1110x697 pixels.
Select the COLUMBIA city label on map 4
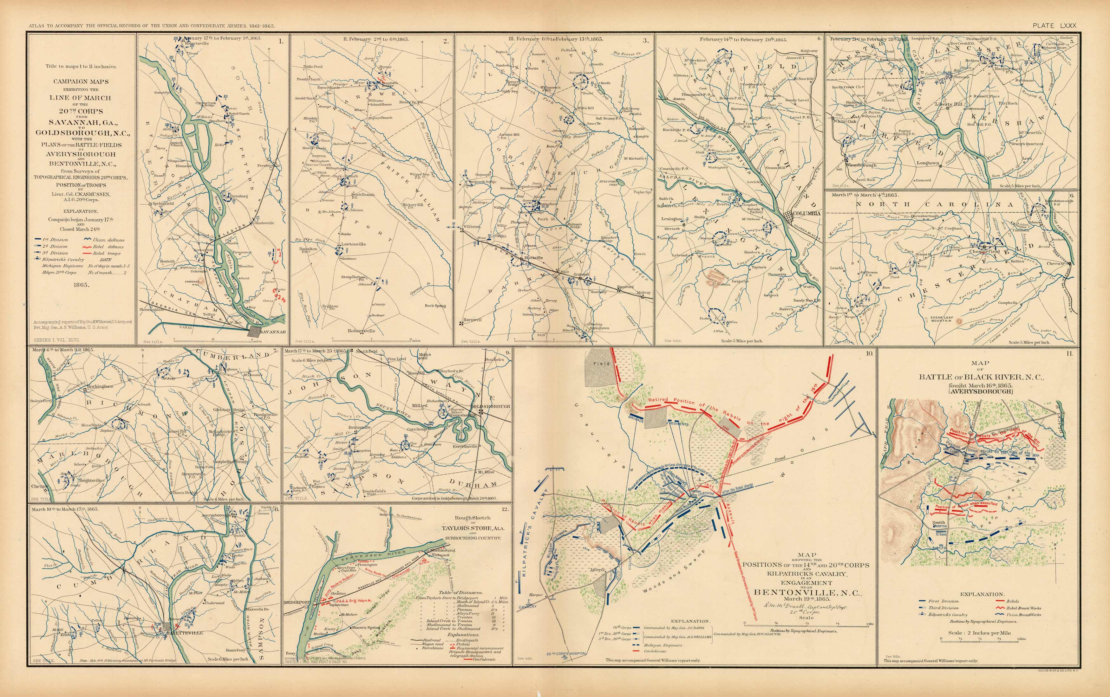(x=806, y=213)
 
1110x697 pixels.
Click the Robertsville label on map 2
(x=362, y=331)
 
